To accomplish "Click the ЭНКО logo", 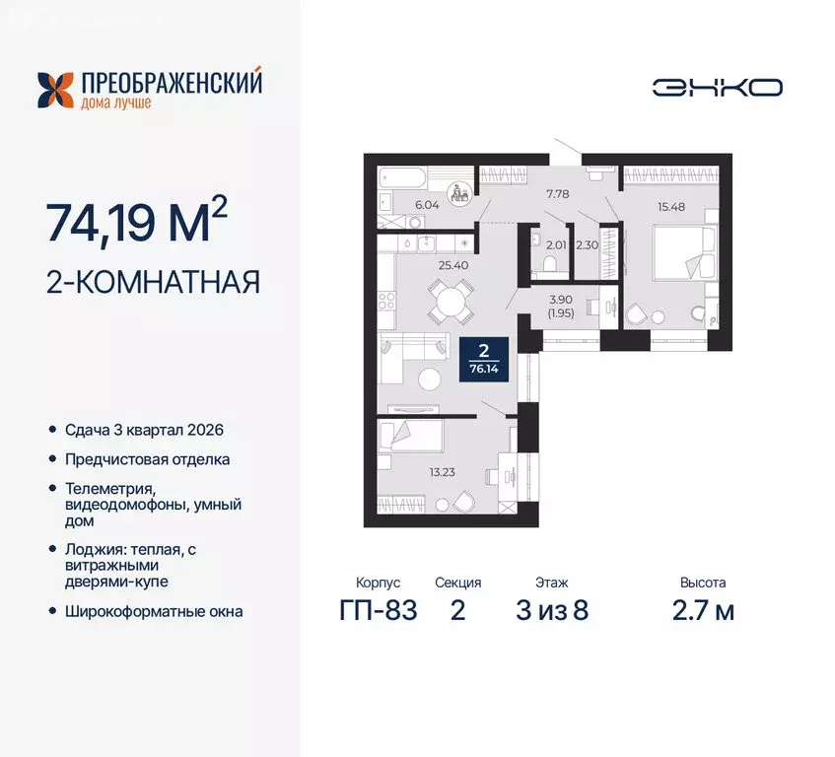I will (x=717, y=87).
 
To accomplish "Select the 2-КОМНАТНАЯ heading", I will (x=153, y=284).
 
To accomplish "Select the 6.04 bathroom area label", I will (x=399, y=205).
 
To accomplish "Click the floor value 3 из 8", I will (x=551, y=611).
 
